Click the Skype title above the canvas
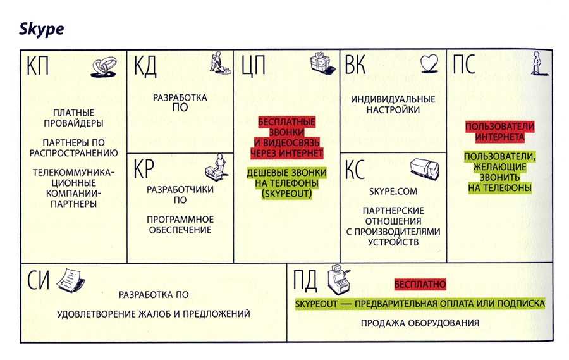(x=41, y=29)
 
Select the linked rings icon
(x=104, y=67)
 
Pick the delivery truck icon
(x=425, y=168)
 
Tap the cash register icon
(x=339, y=280)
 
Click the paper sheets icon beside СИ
(x=71, y=280)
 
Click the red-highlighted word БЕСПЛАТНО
(x=420, y=284)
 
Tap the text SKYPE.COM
(x=393, y=191)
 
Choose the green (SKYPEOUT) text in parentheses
(x=286, y=194)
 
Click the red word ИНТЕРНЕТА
(x=499, y=137)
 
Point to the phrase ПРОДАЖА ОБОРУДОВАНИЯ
(x=420, y=323)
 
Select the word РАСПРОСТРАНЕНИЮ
(x=74, y=153)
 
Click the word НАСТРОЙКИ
(x=393, y=109)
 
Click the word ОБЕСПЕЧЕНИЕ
(x=180, y=230)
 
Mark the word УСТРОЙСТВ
(x=393, y=242)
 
